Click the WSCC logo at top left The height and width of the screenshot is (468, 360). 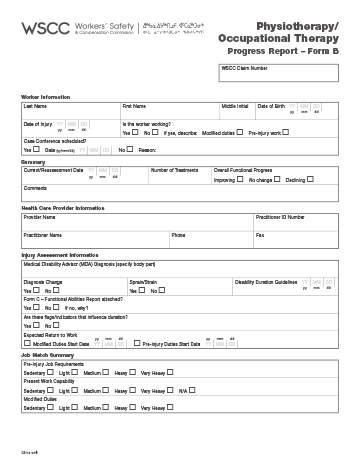pos(41,30)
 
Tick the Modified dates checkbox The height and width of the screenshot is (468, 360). pos(237,132)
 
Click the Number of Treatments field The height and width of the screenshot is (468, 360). pos(180,175)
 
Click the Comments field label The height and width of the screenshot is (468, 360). pos(36,188)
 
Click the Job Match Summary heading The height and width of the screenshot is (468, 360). pos(48,355)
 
